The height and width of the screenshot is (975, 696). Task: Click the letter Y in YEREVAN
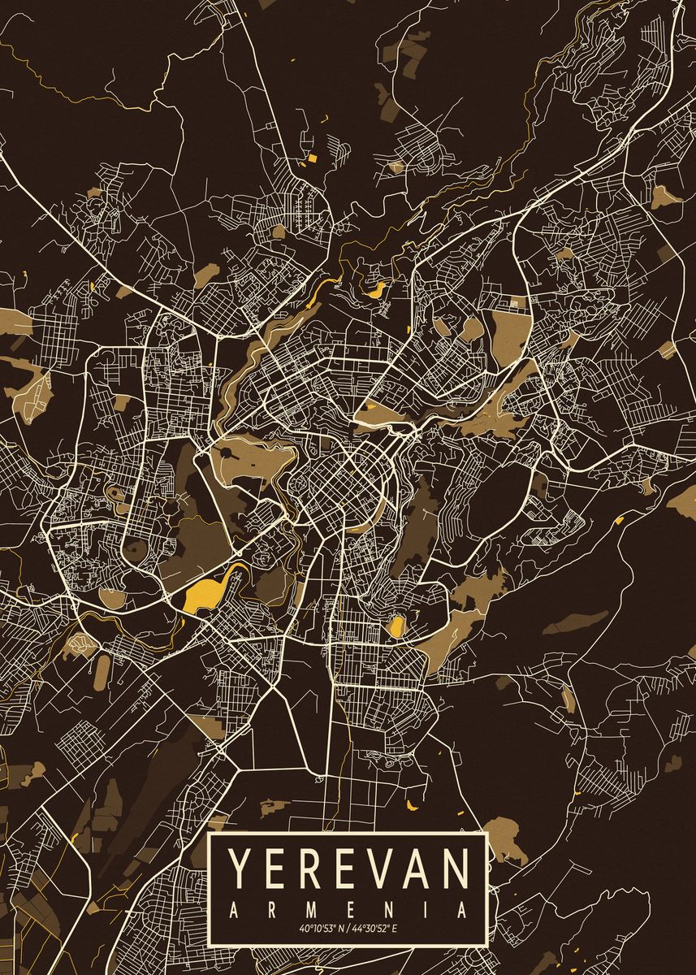pos(241,869)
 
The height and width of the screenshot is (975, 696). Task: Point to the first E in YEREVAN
pos(275,869)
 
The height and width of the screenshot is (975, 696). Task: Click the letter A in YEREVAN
pos(417,869)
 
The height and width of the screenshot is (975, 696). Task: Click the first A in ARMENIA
pos(234,908)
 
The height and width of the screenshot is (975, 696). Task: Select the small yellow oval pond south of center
pos(397,626)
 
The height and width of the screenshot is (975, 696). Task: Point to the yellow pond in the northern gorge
pos(376,289)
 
